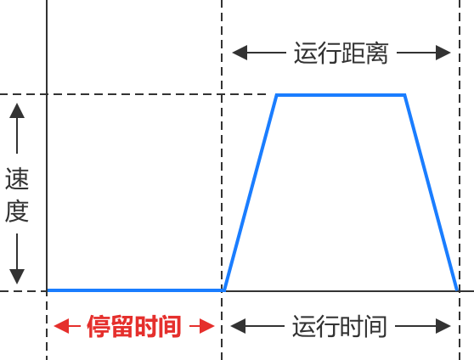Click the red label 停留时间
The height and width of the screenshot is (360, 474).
(x=134, y=326)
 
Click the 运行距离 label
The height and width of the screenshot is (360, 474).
(x=341, y=53)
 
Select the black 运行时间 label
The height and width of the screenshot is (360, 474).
(x=340, y=326)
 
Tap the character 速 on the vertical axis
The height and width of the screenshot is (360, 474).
(x=17, y=178)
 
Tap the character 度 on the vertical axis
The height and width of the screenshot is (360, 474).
(x=17, y=211)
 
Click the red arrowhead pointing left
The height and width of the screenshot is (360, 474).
(x=61, y=326)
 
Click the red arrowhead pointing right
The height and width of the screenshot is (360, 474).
(x=207, y=326)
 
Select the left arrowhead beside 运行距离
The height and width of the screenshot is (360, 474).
(x=240, y=53)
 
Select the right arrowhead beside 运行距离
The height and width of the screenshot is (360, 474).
(x=443, y=53)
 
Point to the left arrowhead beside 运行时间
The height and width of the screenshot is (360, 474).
(x=238, y=326)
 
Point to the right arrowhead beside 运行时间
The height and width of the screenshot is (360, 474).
(x=443, y=326)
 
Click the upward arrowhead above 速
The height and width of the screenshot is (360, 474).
(x=17, y=110)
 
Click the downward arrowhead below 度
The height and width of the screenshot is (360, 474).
(x=17, y=277)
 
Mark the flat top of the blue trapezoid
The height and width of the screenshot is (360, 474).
(x=341, y=95)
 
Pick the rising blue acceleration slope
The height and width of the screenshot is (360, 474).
(x=251, y=193)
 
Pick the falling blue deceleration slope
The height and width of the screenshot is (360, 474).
(x=431, y=193)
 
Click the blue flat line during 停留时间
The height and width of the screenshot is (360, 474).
(x=135, y=290)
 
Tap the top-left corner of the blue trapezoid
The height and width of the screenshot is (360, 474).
(x=277, y=95)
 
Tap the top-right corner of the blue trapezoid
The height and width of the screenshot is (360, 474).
(x=405, y=95)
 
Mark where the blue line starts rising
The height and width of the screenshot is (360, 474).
(x=224, y=290)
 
